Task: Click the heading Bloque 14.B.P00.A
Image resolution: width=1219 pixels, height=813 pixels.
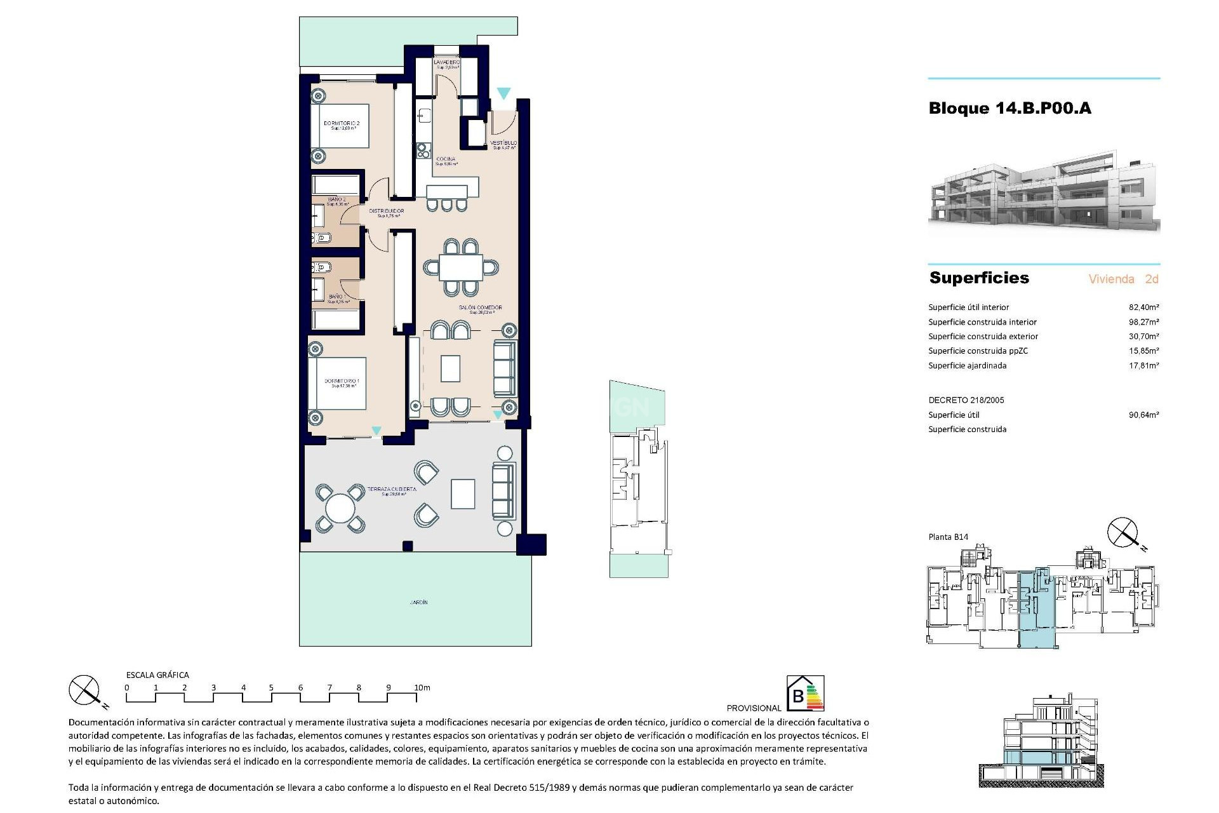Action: coord(1009,108)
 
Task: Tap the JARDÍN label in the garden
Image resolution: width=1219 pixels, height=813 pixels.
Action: coord(418,602)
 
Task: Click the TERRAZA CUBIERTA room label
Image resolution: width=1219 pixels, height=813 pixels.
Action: coord(392,490)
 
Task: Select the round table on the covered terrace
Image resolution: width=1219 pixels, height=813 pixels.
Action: coord(340,508)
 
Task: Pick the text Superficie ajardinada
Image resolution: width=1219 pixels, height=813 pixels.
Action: coord(967,366)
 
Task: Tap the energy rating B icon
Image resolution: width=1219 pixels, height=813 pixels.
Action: coord(805,694)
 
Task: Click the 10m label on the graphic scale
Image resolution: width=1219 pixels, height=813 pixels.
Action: coord(422,688)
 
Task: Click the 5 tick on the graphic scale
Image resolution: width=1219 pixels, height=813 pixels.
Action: coord(271,688)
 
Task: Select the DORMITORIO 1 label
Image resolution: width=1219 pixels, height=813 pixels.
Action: coord(342,382)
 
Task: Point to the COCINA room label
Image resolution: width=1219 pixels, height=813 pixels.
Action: coord(446,159)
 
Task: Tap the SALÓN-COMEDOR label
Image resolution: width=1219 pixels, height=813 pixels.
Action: coord(481,308)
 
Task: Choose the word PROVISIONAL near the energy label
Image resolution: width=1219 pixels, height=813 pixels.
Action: coord(754,708)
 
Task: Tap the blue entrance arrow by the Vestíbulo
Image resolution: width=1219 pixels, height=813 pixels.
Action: coord(503,94)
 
